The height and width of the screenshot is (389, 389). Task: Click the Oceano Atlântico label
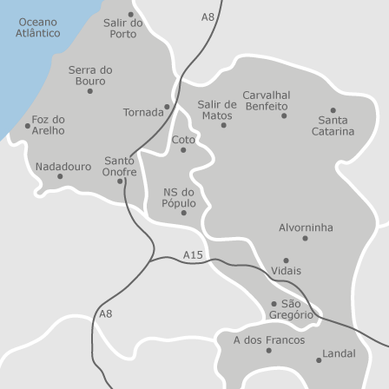click(38, 27)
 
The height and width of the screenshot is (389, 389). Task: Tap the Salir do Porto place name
click(123, 29)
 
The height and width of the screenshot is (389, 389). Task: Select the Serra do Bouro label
click(90, 75)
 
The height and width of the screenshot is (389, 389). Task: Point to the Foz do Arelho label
click(49, 125)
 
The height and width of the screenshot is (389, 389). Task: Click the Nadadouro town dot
click(60, 176)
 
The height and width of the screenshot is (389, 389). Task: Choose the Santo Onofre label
click(120, 166)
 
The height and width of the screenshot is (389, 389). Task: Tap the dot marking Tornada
click(167, 107)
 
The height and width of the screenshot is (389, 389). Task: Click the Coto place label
click(183, 139)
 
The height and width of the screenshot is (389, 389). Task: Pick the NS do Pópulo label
click(179, 198)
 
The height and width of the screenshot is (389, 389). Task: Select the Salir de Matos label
click(216, 109)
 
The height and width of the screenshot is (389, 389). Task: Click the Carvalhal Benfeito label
click(267, 100)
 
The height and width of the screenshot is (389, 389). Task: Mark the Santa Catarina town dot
click(333, 110)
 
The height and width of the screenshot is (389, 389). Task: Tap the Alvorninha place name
click(306, 227)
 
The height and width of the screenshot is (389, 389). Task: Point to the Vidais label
click(287, 271)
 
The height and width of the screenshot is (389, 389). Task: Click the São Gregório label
click(291, 309)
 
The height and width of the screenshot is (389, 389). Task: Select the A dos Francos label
click(268, 340)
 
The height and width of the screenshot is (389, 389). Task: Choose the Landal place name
click(339, 353)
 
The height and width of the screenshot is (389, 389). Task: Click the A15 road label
click(193, 254)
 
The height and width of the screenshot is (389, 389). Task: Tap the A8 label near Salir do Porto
click(208, 17)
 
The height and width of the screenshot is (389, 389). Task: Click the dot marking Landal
click(319, 359)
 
